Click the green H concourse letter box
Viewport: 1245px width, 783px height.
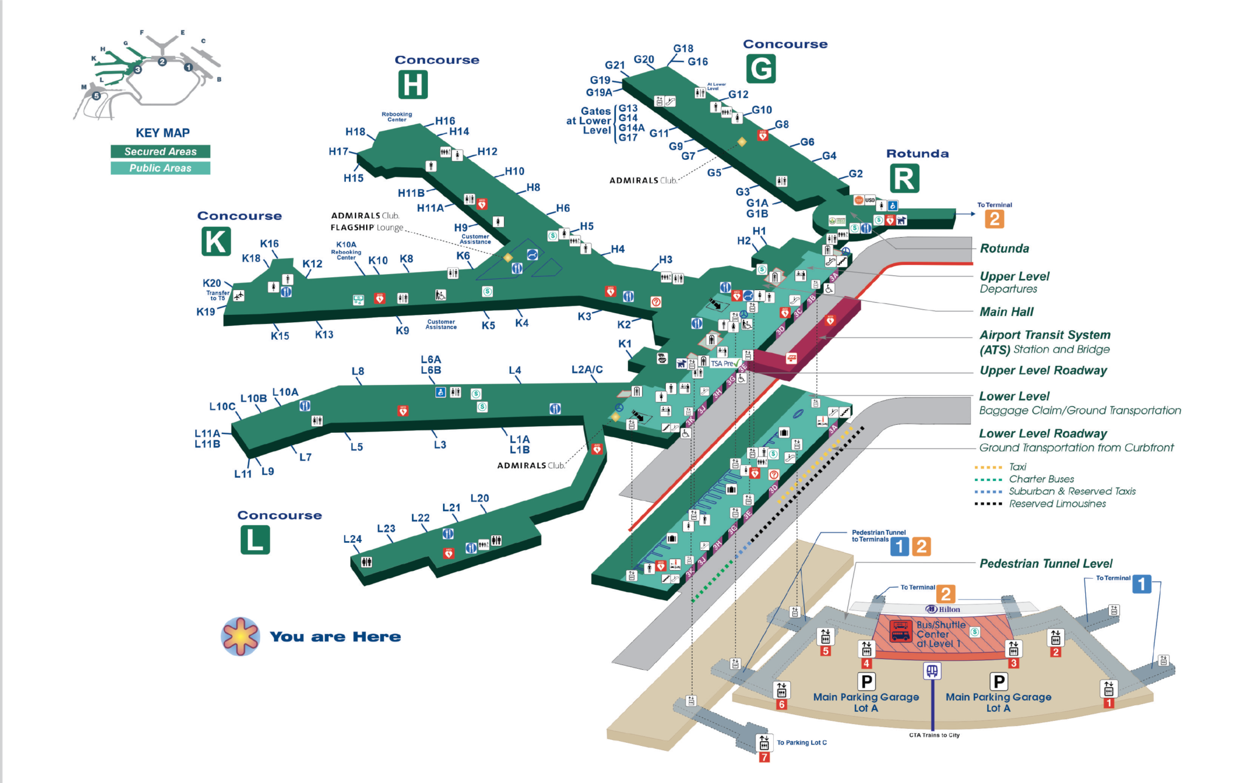(x=413, y=85)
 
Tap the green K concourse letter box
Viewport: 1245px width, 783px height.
(x=216, y=241)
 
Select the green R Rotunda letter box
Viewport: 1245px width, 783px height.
(x=904, y=179)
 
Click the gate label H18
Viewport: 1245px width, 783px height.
(x=355, y=131)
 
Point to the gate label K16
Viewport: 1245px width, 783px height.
(x=269, y=244)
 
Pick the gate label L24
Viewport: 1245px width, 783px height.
(x=353, y=539)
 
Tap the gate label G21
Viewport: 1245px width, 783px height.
(x=615, y=65)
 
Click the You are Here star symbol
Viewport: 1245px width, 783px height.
(x=241, y=636)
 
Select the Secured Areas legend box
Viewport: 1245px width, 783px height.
(x=160, y=151)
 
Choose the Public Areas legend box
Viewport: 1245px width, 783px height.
(x=160, y=168)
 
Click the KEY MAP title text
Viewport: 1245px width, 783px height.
(x=162, y=133)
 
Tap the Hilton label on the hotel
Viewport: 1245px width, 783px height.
(x=943, y=609)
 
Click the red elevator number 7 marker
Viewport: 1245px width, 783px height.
(x=764, y=757)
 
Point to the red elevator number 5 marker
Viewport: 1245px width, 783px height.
(x=825, y=651)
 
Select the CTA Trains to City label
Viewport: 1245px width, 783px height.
(x=934, y=735)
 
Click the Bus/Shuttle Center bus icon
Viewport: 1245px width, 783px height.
(x=900, y=632)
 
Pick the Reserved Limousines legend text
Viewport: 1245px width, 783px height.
(x=1057, y=503)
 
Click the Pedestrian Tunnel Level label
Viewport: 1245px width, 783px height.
(x=1046, y=564)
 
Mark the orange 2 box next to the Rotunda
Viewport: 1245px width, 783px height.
(x=995, y=219)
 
